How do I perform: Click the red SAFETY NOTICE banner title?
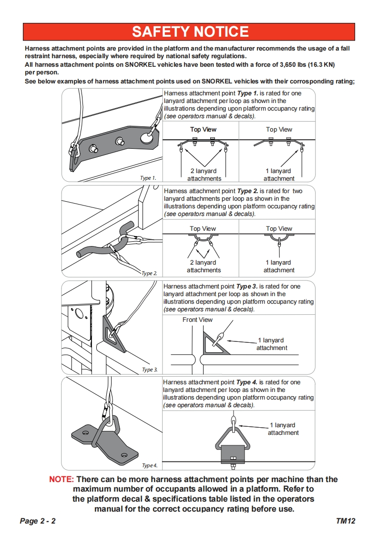tap(190, 31)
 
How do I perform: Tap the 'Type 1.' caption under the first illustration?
tap(148, 178)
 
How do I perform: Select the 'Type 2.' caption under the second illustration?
tap(149, 273)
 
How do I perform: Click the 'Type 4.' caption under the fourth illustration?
tap(149, 465)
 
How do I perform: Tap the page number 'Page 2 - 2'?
tap(38, 521)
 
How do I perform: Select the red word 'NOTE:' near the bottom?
tap(61, 479)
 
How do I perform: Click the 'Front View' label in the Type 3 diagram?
tap(197, 319)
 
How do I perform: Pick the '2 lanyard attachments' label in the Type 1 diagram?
tap(204, 175)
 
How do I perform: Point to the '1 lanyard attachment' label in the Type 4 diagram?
tap(283, 429)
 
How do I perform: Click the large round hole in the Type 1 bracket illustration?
tap(146, 138)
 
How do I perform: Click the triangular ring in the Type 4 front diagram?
tap(233, 439)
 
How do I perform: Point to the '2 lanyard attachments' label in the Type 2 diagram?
tap(204, 266)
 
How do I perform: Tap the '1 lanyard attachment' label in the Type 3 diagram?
tap(272, 344)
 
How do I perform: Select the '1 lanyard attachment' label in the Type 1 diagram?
tap(279, 175)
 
